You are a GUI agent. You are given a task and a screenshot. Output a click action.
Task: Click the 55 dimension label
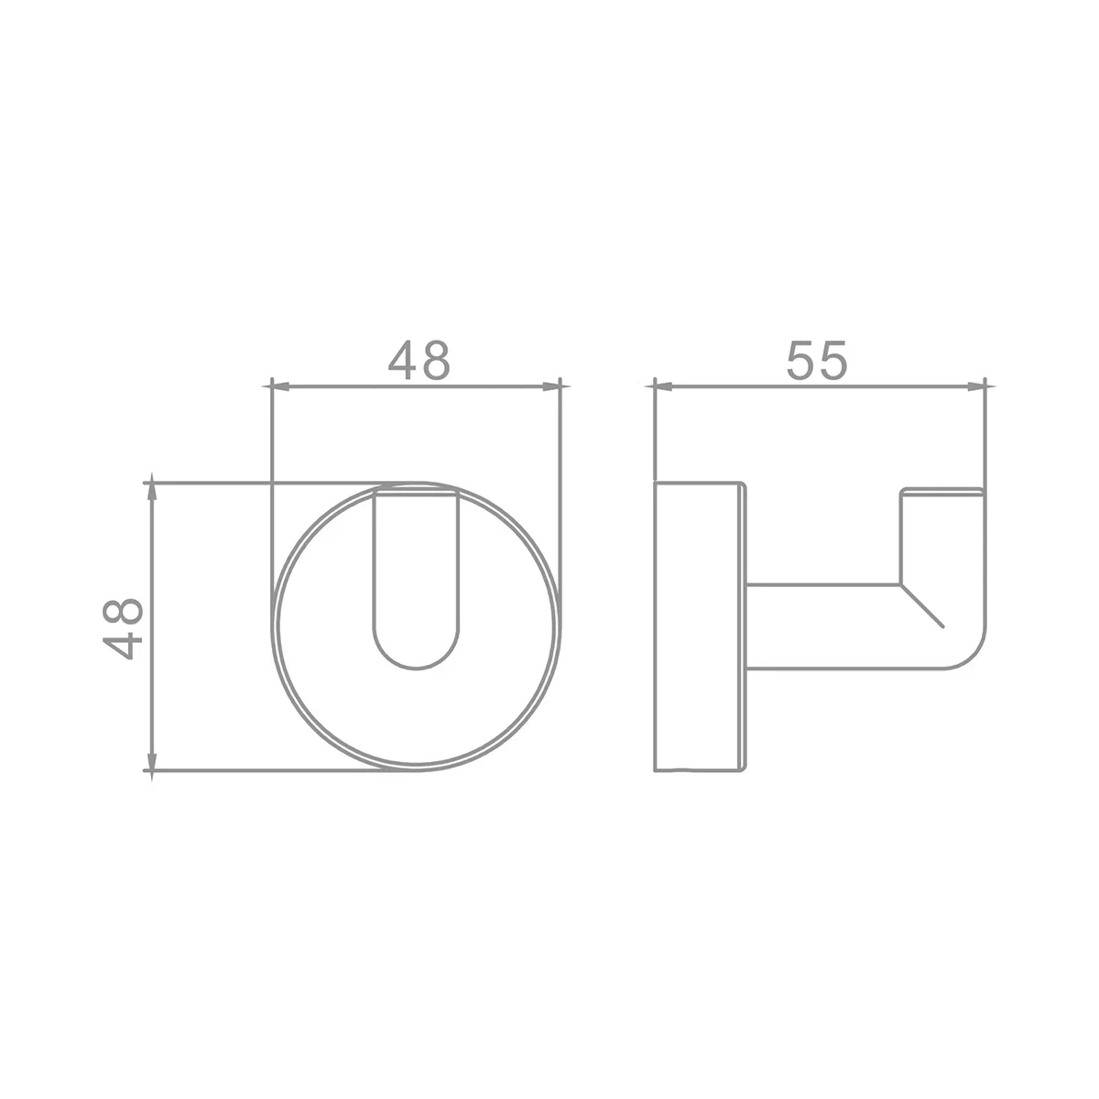click(x=817, y=361)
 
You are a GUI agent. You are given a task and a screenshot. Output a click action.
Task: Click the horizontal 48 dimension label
click(x=419, y=361)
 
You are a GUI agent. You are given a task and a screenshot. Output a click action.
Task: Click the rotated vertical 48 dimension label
click(x=122, y=628)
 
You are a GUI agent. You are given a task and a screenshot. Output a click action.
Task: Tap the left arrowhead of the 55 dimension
click(x=663, y=386)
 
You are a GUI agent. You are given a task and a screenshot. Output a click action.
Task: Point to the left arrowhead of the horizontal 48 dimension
click(x=280, y=386)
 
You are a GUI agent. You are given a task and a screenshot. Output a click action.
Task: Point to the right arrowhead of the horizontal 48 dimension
click(x=551, y=386)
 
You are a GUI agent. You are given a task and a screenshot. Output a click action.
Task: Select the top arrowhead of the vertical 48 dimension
click(x=152, y=492)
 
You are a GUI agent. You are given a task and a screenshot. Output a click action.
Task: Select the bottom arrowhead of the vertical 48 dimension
click(x=152, y=762)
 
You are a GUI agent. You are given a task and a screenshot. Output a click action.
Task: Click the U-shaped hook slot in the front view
click(x=374, y=576)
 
